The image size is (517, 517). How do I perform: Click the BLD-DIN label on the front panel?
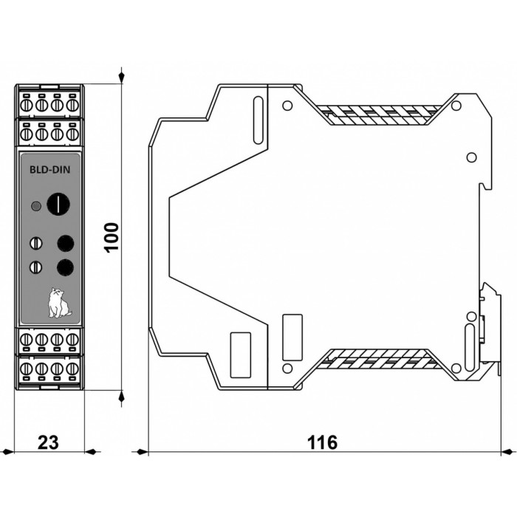pos(50,169)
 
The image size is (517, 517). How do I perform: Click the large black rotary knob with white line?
pos(58,203)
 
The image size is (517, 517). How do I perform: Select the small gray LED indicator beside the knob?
pos(36,206)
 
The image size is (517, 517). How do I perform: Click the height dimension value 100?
pos(112,237)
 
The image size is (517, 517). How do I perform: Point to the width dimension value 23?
pos(48,442)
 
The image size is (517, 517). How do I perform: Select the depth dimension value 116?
pos(323,442)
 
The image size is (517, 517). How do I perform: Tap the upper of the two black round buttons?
pos(65,243)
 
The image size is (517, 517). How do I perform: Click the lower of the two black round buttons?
pos(65,267)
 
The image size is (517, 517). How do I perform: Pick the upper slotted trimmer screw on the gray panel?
pos(36,243)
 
